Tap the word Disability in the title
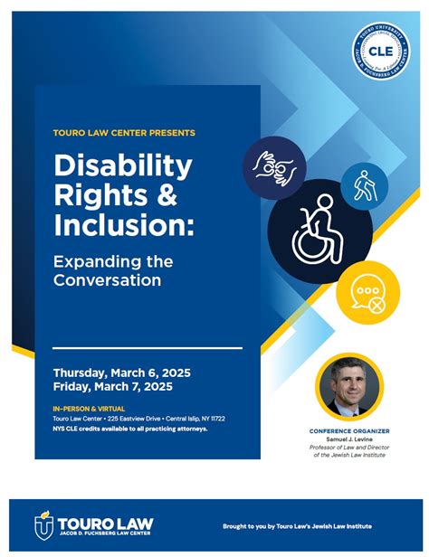123,166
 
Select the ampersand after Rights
185,194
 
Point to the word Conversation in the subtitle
107,280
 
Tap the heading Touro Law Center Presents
124,133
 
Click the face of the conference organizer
348,381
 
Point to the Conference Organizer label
349,431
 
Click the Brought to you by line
296,526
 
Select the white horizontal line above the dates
148,348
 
